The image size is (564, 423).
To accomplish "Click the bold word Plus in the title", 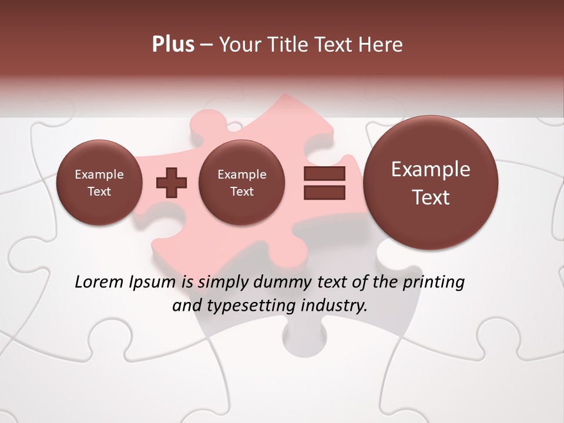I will [x=173, y=45].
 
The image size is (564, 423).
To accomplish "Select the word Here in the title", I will [x=382, y=45].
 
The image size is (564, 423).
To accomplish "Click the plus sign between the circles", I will [x=172, y=183].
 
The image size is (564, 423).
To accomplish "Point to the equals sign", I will [x=324, y=183].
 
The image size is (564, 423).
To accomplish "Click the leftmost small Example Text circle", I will [x=99, y=183].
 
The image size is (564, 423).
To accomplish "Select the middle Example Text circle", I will [x=242, y=183].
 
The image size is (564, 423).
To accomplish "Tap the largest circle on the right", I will [x=431, y=183].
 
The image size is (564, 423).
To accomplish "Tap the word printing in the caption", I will [x=432, y=283].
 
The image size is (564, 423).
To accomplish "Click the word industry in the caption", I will [x=335, y=306].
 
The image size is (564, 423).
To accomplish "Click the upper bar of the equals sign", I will [x=324, y=174].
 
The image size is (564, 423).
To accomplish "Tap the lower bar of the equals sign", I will [x=324, y=192].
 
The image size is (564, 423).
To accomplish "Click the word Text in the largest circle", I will [x=431, y=197].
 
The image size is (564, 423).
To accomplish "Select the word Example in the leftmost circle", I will [x=99, y=174].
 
